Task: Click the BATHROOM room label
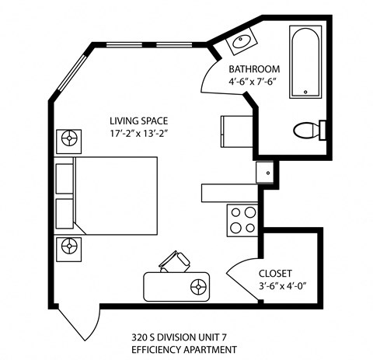click(254, 68)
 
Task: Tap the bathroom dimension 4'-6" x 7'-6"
click(254, 81)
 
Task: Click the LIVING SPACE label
click(138, 121)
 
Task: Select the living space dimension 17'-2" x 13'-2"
click(138, 133)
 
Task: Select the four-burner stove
click(242, 220)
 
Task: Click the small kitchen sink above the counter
click(266, 172)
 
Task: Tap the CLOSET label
click(274, 274)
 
